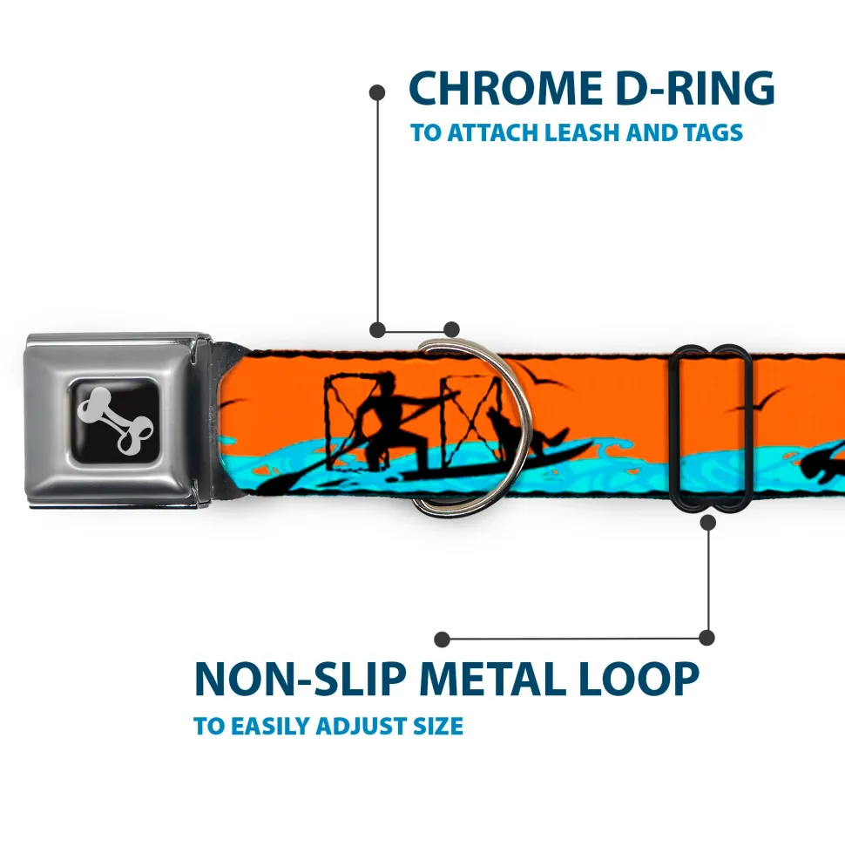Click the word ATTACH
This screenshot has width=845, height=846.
(x=492, y=133)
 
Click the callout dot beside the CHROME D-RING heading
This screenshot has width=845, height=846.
(x=377, y=91)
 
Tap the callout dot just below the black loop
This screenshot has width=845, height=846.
(x=708, y=522)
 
